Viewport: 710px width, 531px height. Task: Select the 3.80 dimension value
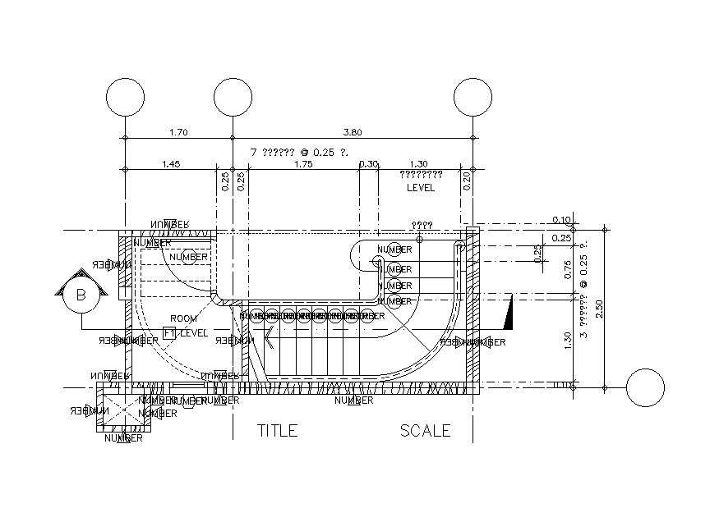coord(353,131)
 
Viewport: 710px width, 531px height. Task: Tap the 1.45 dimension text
coord(171,164)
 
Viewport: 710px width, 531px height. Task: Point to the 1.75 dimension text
coord(303,164)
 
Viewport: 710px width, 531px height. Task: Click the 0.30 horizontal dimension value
coord(369,164)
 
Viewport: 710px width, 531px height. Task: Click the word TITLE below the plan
coord(278,430)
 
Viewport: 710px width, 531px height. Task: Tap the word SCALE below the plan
coord(425,430)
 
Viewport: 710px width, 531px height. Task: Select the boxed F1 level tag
coord(170,333)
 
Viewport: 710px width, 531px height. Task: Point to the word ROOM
coord(183,318)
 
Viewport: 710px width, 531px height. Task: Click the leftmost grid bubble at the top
coord(125,98)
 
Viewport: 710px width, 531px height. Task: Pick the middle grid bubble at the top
coord(233,98)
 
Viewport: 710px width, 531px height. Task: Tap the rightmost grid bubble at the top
coord(473,98)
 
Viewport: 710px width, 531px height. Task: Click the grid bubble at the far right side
coord(645,387)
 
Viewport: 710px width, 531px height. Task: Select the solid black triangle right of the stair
coord(508,311)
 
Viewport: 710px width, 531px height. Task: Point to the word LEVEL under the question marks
coord(421,188)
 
